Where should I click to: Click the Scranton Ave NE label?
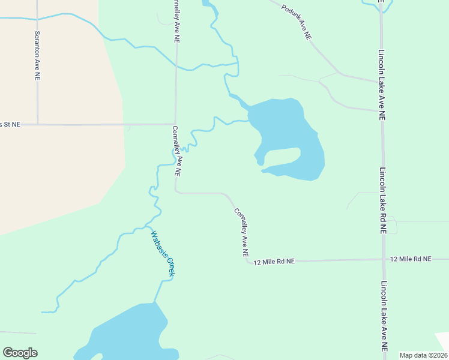point(37,56)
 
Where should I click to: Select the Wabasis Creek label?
point(163,254)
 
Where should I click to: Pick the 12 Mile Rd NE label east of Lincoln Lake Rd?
point(411,259)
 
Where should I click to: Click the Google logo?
point(20,353)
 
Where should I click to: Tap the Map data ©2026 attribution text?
point(424,355)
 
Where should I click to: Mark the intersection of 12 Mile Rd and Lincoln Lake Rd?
point(384,259)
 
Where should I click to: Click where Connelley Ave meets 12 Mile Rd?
point(249,261)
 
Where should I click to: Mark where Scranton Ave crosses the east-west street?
point(37,124)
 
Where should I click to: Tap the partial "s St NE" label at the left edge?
point(10,124)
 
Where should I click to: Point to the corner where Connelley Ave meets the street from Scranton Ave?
point(175,124)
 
